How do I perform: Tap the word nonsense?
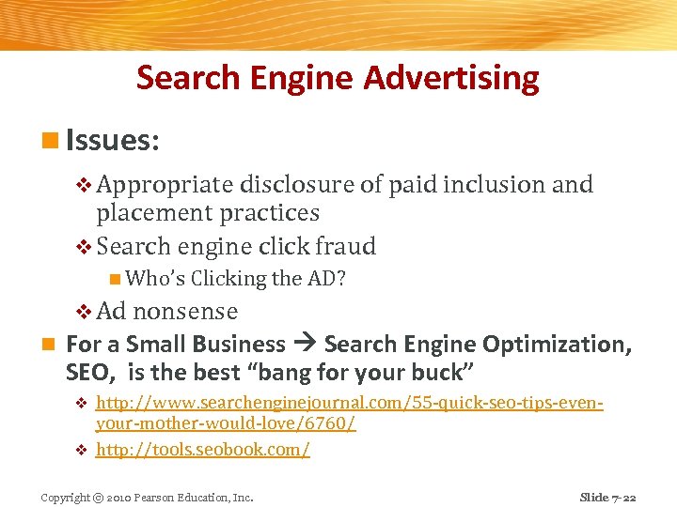click(x=185, y=311)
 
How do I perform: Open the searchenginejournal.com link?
click(x=348, y=404)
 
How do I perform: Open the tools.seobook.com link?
click(x=203, y=450)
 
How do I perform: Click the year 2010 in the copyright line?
click(x=118, y=497)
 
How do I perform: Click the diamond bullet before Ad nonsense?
click(x=82, y=311)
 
